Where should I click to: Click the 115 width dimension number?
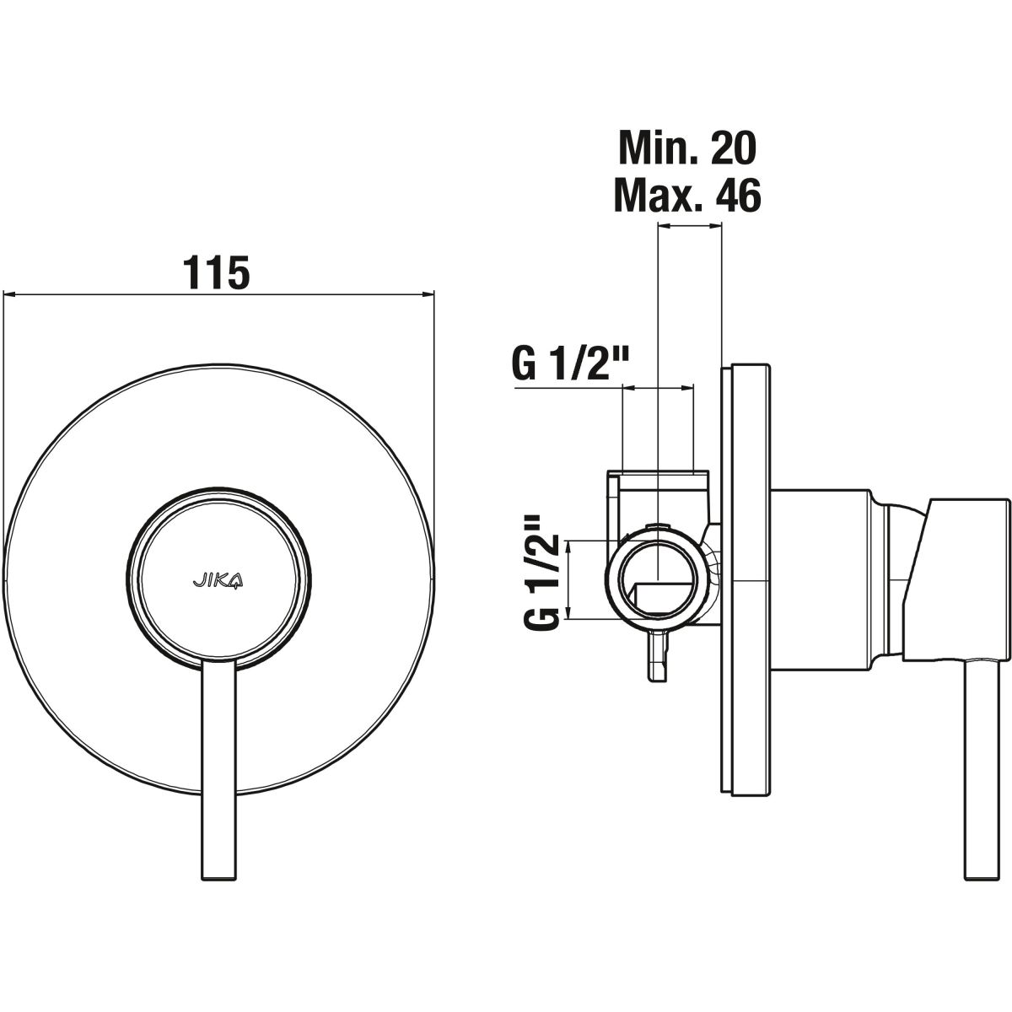click(216, 272)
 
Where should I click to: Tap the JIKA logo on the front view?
click(218, 581)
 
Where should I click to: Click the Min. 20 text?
click(687, 148)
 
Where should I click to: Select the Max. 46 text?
click(687, 194)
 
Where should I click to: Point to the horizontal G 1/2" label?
click(571, 364)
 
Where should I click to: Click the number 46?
click(740, 194)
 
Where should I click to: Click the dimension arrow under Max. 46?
click(690, 226)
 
